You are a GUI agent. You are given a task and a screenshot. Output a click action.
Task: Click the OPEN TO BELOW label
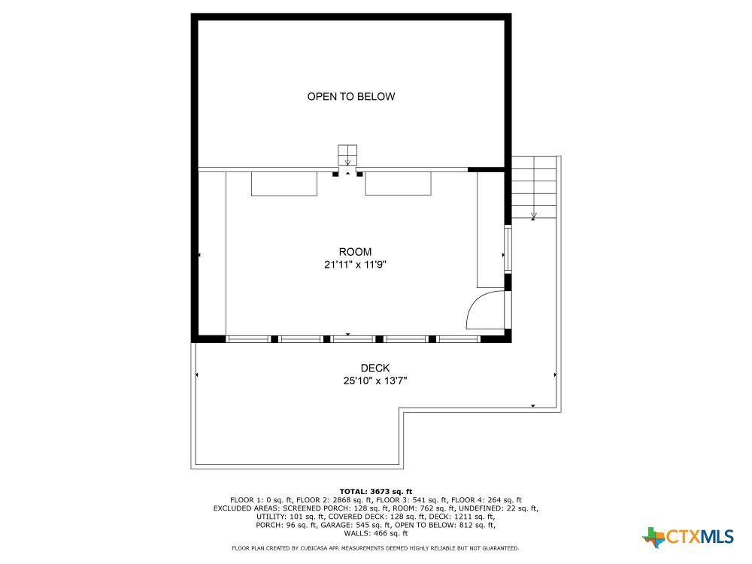click(351, 96)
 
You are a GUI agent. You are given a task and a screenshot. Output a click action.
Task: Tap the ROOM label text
click(355, 252)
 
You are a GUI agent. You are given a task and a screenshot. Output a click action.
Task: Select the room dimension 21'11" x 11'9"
click(355, 264)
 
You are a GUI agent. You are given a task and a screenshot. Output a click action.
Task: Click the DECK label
click(375, 368)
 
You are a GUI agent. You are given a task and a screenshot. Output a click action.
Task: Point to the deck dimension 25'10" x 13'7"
click(375, 381)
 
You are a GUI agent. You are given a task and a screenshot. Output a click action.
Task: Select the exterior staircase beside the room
click(534, 187)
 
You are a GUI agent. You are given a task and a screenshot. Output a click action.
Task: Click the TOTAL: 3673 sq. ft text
click(376, 491)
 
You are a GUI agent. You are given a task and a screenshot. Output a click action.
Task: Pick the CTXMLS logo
click(688, 537)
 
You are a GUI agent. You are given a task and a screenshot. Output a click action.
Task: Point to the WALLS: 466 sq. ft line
click(376, 533)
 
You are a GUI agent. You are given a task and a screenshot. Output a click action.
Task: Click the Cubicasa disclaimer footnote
click(375, 548)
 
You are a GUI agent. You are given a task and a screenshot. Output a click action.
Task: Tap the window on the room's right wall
click(508, 250)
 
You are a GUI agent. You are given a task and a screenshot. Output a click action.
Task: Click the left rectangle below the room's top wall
click(284, 184)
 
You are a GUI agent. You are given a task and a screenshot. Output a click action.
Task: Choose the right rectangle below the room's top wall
click(398, 183)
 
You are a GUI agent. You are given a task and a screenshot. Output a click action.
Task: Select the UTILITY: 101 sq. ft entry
click(290, 517)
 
